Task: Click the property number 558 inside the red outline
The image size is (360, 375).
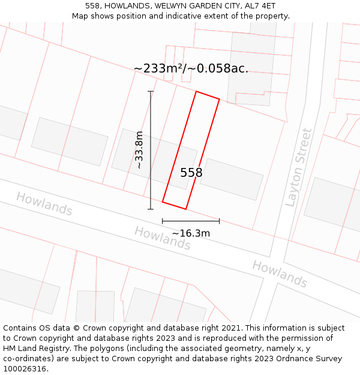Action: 191,173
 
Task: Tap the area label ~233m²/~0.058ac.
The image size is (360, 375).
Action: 191,68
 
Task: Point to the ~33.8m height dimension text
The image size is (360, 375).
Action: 139,150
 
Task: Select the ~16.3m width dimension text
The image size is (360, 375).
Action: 191,233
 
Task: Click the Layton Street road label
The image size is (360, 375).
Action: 299,167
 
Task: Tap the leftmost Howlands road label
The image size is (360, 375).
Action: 44,204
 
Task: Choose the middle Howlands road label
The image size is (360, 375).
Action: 162,238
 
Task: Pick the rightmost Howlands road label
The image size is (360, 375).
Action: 280,274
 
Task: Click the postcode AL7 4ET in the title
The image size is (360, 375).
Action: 259,6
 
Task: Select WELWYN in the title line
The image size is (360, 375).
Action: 174,6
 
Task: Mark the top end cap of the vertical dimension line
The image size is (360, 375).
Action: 151,91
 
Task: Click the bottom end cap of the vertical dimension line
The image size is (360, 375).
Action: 151,209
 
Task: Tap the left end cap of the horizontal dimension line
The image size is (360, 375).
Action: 163,221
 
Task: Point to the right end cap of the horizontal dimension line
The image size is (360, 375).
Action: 219,221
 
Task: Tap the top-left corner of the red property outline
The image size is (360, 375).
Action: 196,91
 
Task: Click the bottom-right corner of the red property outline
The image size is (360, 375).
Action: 186,209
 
